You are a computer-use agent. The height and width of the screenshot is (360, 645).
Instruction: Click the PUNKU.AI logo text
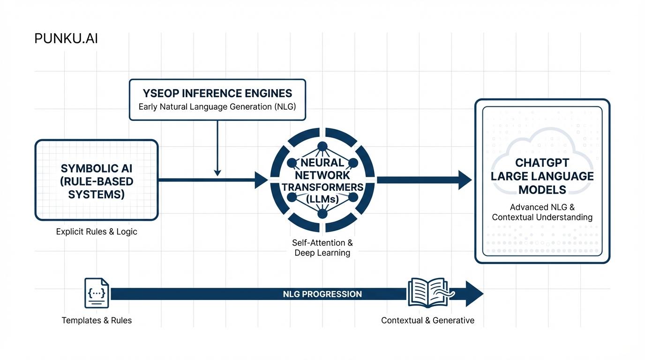click(x=66, y=38)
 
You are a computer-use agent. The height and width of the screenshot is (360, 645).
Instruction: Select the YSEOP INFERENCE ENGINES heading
click(x=217, y=93)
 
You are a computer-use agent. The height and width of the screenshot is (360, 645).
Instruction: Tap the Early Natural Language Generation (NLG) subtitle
click(x=217, y=106)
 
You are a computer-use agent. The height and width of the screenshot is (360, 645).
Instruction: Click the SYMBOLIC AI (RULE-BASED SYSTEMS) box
click(x=97, y=180)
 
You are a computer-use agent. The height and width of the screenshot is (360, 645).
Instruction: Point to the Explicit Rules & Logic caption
click(x=97, y=232)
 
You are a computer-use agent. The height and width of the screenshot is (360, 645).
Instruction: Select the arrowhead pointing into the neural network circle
click(x=261, y=180)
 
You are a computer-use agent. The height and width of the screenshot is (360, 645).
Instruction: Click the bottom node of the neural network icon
click(x=322, y=214)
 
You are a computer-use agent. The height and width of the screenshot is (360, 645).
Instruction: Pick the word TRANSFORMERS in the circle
click(x=322, y=187)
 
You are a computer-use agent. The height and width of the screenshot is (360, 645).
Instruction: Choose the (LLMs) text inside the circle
click(x=322, y=199)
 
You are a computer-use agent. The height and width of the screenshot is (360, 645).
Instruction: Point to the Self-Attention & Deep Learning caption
click(x=322, y=248)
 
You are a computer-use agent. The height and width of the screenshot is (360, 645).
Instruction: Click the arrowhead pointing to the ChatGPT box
click(x=465, y=180)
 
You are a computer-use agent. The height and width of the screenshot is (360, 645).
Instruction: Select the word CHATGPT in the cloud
click(x=542, y=163)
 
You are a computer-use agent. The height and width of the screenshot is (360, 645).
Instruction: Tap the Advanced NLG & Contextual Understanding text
click(x=542, y=212)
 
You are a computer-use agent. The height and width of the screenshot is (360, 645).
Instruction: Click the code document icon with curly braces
click(x=97, y=294)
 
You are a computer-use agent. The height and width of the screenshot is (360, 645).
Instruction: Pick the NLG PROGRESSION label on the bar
click(x=322, y=294)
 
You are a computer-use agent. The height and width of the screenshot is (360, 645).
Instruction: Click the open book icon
click(x=427, y=293)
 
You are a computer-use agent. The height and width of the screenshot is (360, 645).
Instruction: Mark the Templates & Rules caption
click(x=97, y=321)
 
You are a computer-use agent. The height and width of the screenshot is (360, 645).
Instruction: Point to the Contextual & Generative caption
click(x=427, y=321)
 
